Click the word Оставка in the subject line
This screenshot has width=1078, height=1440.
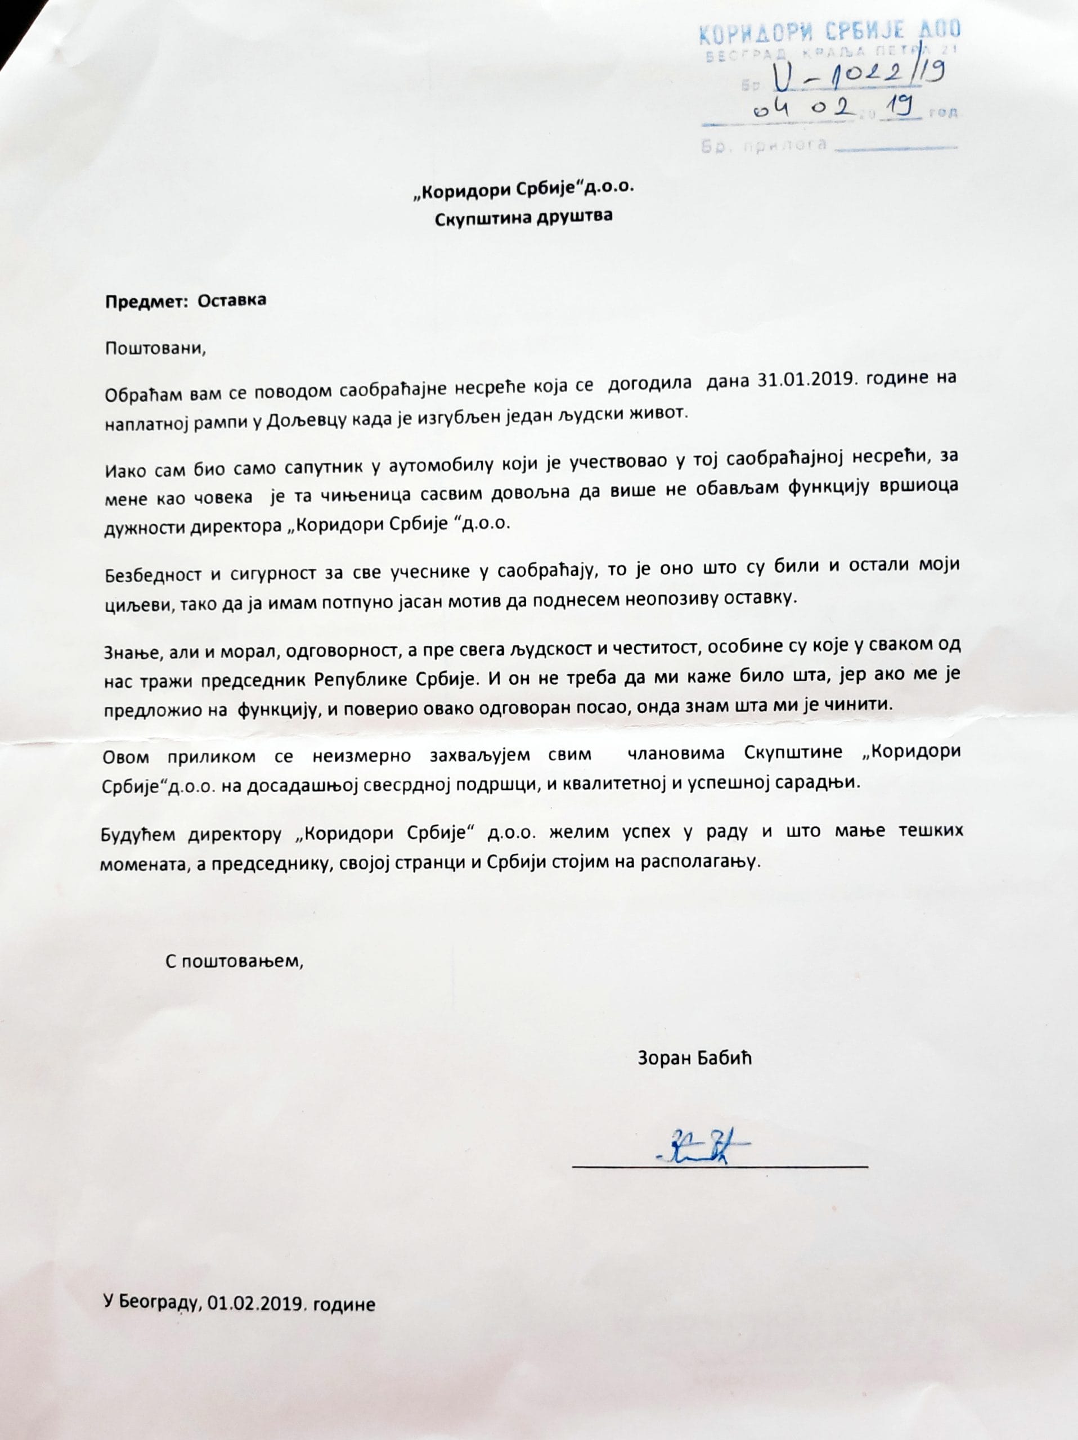coord(232,300)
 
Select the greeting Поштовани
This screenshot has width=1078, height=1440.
coord(155,348)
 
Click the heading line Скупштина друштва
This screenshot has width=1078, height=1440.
coord(523,216)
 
